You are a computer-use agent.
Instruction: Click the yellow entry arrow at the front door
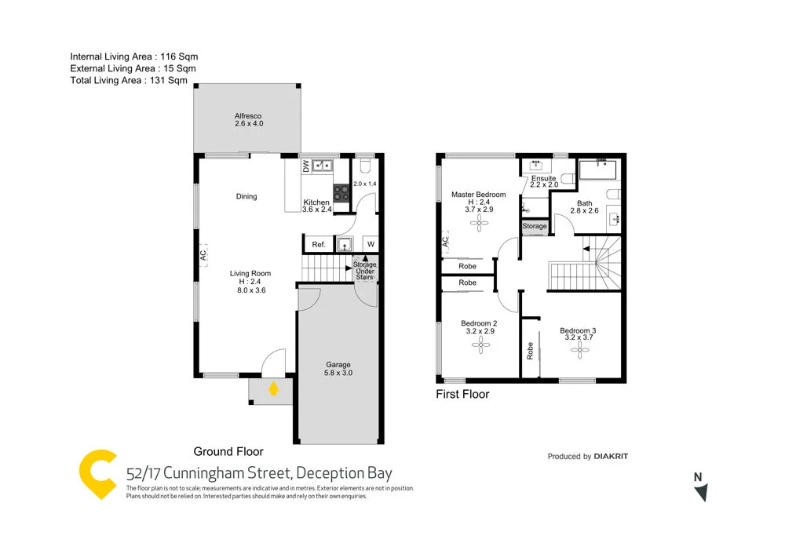(x=273, y=388)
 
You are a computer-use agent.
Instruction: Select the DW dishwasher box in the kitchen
(x=306, y=166)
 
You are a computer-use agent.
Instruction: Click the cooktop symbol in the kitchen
(x=341, y=193)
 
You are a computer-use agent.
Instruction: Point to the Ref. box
(x=319, y=245)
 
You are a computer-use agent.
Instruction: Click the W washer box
(x=371, y=245)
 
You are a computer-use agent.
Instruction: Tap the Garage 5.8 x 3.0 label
(x=338, y=369)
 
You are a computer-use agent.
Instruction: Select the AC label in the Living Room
(x=203, y=255)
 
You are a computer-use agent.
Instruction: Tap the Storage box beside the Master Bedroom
(x=535, y=226)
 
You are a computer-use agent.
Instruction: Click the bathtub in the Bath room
(x=599, y=171)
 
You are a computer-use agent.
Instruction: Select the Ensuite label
(x=543, y=179)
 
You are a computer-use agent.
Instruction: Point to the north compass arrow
(x=700, y=492)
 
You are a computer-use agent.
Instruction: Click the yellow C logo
(x=98, y=474)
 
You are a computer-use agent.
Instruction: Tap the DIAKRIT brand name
(x=611, y=457)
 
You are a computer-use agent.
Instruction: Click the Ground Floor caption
(x=228, y=451)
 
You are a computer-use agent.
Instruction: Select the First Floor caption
(x=462, y=394)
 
